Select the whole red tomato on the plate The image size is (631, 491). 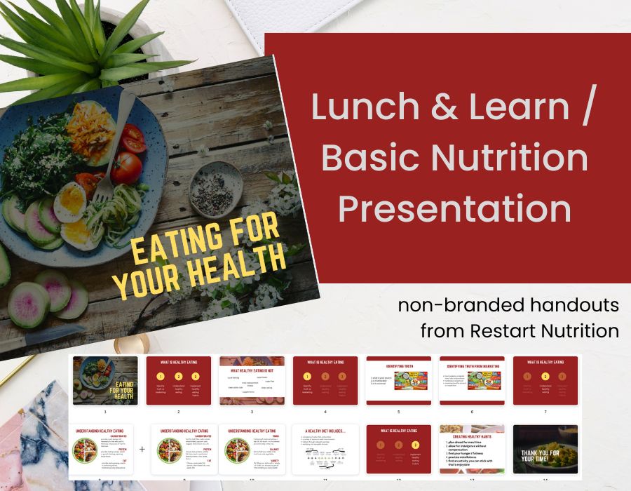click(x=126, y=168)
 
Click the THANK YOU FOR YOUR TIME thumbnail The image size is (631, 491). click(x=545, y=449)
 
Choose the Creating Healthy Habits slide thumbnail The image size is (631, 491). click(x=472, y=449)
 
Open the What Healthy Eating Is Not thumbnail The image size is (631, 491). click(x=252, y=381)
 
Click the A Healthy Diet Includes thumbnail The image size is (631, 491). click(x=325, y=449)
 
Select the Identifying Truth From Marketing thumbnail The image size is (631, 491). click(x=472, y=381)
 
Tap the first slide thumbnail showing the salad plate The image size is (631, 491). click(x=105, y=381)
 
